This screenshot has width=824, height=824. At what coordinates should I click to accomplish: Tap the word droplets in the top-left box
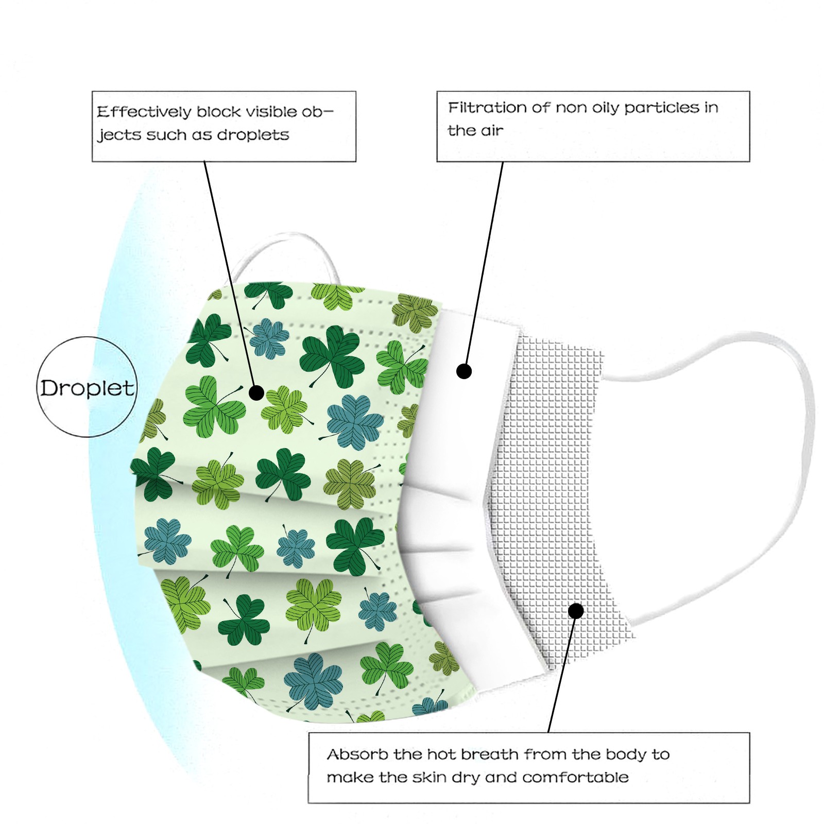(253, 135)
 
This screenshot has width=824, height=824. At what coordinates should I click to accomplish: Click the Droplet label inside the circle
(87, 388)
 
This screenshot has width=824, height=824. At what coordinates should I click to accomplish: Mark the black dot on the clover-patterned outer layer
(256, 393)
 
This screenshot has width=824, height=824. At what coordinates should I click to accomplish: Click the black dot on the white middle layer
(464, 371)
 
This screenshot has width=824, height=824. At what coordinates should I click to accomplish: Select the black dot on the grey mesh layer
(576, 611)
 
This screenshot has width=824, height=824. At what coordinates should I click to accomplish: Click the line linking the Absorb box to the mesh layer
(561, 675)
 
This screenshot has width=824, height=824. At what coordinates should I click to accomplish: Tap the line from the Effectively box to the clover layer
(229, 273)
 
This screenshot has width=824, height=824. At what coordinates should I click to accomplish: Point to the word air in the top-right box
(492, 131)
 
